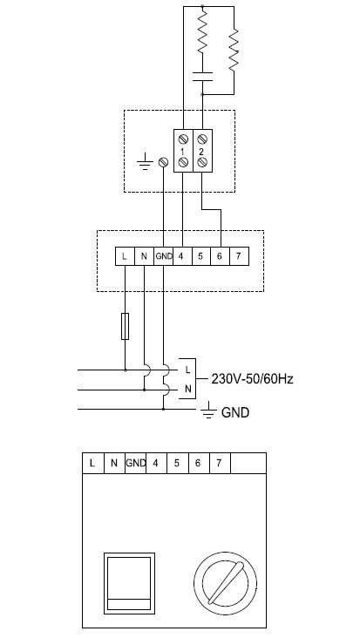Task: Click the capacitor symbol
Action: coord(202,77)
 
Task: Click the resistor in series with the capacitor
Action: coord(202,31)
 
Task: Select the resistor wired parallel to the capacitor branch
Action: coord(234,50)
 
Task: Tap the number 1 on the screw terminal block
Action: coord(183,152)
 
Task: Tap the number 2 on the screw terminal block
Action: coord(201,152)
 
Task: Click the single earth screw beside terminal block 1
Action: coord(164,162)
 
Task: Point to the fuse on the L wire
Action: coord(126,326)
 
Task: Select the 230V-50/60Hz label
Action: coord(252,379)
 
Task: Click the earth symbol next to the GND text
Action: coord(208,411)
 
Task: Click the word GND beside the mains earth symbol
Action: coord(235,412)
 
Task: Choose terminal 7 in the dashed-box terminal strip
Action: coord(239,256)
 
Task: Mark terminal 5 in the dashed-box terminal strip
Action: coord(201,256)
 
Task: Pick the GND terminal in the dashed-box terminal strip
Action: coord(164,256)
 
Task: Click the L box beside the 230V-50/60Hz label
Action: coord(187,370)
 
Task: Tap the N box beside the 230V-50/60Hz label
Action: coord(187,389)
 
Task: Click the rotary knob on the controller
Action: coord(226,583)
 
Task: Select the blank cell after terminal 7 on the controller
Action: coord(248,463)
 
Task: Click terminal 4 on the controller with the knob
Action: coord(156,463)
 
